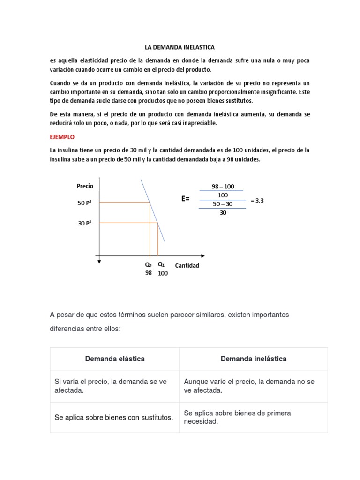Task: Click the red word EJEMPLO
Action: (62, 137)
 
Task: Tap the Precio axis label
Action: (85, 186)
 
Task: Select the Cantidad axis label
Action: (187, 265)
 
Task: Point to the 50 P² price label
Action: (85, 202)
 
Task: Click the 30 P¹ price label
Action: (85, 223)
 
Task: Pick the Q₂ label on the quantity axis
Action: (148, 264)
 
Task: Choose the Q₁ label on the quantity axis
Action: (161, 264)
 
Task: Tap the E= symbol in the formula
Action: (186, 199)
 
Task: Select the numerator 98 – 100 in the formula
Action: (223, 186)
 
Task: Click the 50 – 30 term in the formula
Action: (223, 204)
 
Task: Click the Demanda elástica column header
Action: (115, 359)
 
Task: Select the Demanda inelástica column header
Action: (254, 359)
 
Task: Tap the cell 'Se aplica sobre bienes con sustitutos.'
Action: (114, 417)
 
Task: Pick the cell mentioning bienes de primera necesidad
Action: (238, 417)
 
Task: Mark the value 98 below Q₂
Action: (148, 273)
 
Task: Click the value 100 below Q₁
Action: (163, 274)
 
